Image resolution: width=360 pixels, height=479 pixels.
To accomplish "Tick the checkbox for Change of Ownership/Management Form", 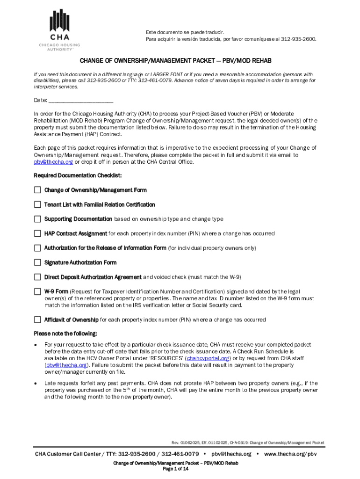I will pyautogui.click(x=37, y=190).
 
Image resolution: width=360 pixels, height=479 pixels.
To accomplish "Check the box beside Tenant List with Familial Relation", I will pyautogui.click(x=37, y=204).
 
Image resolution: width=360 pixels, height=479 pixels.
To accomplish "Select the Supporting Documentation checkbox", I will pyautogui.click(x=37, y=219).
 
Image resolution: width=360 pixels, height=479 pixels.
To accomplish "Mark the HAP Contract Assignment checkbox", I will pyautogui.click(x=37, y=233).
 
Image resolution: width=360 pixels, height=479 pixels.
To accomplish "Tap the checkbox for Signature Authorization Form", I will pyautogui.click(x=37, y=262).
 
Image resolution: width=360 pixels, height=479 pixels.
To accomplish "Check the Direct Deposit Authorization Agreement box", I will pyautogui.click(x=37, y=277).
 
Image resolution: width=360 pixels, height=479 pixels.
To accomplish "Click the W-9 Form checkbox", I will pyautogui.click(x=37, y=291).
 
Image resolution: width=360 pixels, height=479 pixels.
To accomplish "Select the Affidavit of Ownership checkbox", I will pyautogui.click(x=37, y=320).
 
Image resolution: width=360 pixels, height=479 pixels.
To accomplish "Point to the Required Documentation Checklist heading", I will pyautogui.click(x=78, y=175).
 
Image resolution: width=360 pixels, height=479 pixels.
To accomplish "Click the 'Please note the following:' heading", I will pyautogui.click(x=65, y=334).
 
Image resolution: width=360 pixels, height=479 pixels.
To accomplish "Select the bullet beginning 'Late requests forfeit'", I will pyautogui.click(x=181, y=390).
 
